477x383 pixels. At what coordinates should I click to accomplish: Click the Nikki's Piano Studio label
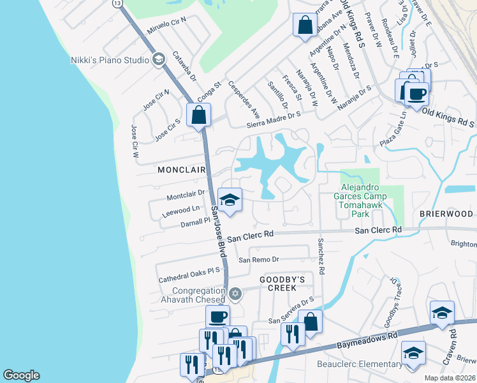[109, 60]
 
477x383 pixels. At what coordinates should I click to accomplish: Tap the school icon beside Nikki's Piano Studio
[159, 60]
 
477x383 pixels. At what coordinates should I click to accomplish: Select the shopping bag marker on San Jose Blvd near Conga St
[199, 116]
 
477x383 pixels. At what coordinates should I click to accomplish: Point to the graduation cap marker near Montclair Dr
[230, 200]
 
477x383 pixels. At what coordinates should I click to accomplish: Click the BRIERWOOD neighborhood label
[446, 214]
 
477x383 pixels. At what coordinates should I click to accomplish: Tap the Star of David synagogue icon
[235, 294]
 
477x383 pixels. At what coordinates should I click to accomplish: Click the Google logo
[21, 375]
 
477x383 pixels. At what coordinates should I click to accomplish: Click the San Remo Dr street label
[259, 260]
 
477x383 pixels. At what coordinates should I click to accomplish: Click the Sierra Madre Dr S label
[274, 113]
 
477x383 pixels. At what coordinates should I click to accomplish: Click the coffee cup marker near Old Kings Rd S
[416, 94]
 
